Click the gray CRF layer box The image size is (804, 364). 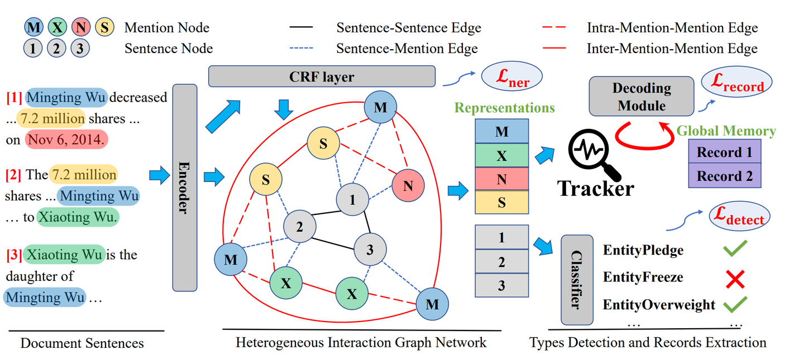322,76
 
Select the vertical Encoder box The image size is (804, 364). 185,188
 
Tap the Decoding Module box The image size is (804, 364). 642,97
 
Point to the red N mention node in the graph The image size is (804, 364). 408,186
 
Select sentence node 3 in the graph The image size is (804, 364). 369,250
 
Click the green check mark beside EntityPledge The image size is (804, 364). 735,249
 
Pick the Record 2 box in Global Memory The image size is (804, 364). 725,176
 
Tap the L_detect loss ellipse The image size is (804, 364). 740,217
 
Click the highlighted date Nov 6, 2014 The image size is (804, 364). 66,140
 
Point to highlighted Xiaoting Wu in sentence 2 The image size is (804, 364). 78,218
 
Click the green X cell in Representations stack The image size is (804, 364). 501,156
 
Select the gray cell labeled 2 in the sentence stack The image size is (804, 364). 501,261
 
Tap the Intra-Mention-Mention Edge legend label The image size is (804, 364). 672,27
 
